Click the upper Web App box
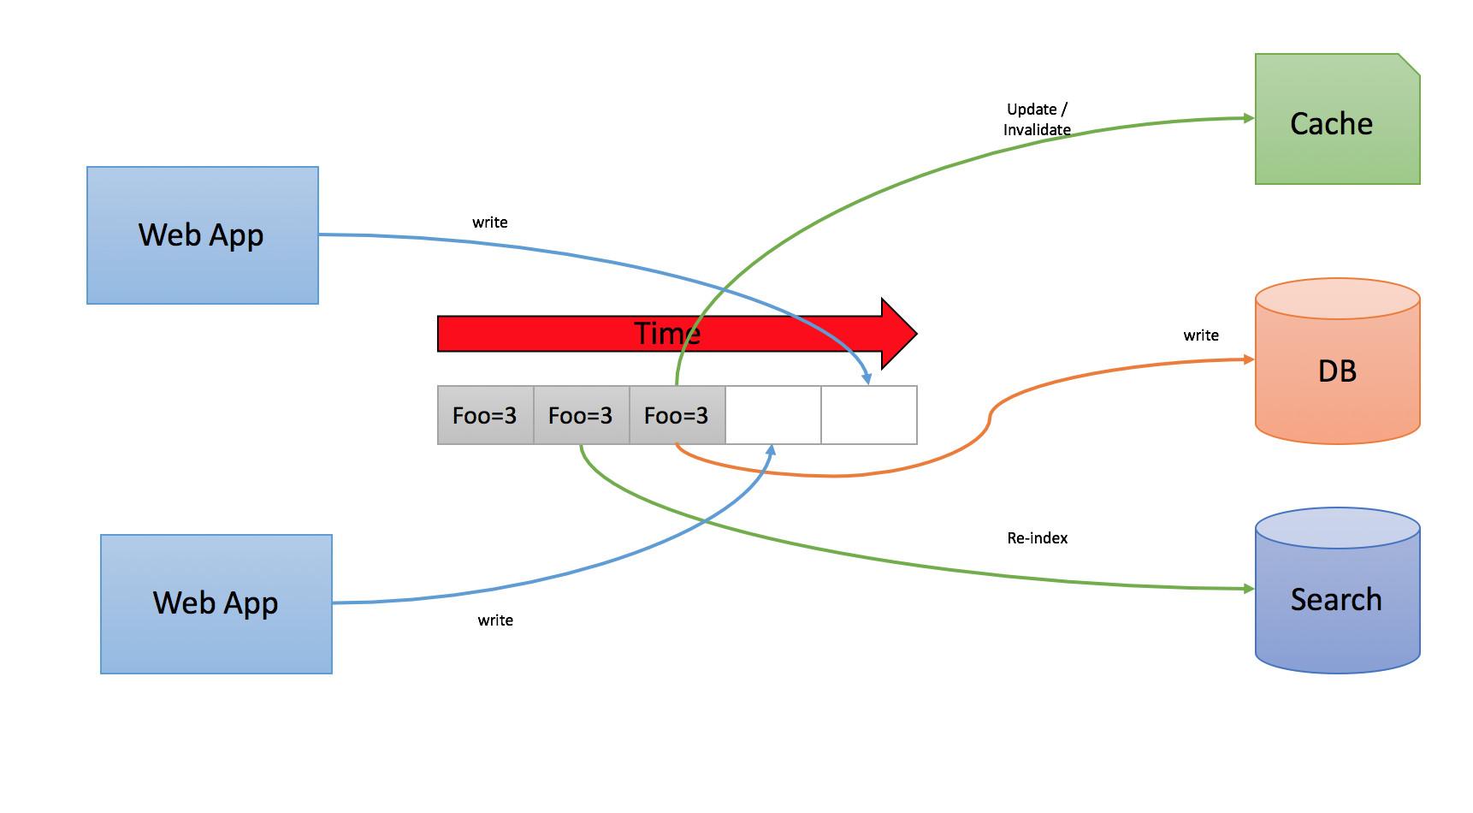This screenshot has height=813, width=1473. click(x=203, y=235)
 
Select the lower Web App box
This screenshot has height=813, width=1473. click(x=216, y=603)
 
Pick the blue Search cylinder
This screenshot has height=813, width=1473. click(x=1337, y=598)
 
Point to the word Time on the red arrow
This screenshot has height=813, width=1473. click(x=667, y=333)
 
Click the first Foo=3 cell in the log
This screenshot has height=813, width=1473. click(x=485, y=415)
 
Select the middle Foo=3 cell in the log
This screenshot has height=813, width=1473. click(x=581, y=415)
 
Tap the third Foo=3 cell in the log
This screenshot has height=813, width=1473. click(x=677, y=415)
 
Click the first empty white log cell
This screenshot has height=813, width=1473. click(x=772, y=415)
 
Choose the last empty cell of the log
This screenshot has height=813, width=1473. click(x=868, y=415)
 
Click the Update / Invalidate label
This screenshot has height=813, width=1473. click(x=1037, y=120)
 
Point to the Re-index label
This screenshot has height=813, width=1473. click(x=1037, y=538)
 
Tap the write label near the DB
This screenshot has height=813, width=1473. click(x=1200, y=335)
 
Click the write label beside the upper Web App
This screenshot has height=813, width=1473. click(x=489, y=223)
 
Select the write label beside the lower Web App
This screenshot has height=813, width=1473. click(x=495, y=620)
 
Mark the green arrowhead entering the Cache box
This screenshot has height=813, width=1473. click(x=1249, y=118)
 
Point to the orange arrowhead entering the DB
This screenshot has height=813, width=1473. click(x=1249, y=360)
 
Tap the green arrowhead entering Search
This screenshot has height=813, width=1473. click(x=1249, y=589)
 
